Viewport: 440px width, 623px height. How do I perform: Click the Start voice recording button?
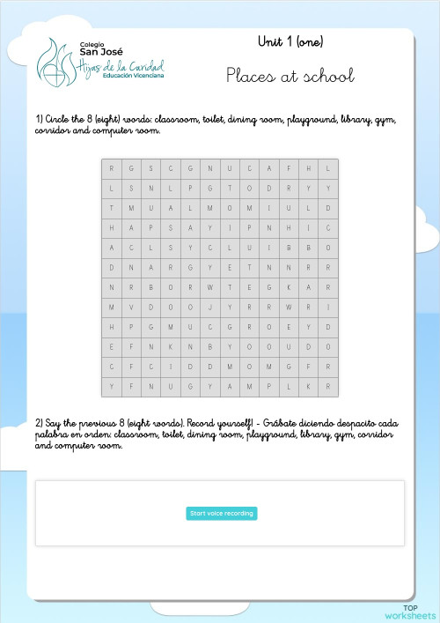pos(221,514)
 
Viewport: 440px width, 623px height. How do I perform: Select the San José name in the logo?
pos(101,52)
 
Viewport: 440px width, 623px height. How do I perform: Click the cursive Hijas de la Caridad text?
pos(121,66)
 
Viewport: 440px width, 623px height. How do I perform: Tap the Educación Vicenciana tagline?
pos(133,78)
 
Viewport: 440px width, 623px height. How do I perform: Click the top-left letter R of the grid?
pos(111,168)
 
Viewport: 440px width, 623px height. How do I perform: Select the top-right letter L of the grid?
pos(327,168)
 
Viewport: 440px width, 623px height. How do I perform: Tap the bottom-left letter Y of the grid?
pos(111,386)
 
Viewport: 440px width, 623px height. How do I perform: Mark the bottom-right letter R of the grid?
pos(327,386)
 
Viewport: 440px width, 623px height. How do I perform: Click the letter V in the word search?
pos(132,307)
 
